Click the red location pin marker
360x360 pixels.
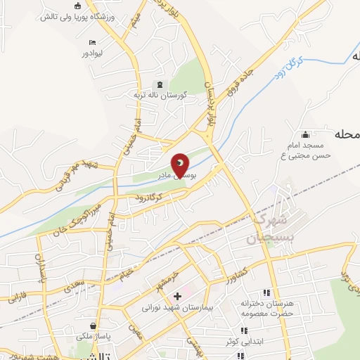(181, 165)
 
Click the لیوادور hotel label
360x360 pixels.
(94, 53)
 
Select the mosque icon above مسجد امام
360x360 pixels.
(304, 134)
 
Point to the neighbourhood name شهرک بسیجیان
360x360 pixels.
(265, 229)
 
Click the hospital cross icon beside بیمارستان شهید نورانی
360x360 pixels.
(178, 297)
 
